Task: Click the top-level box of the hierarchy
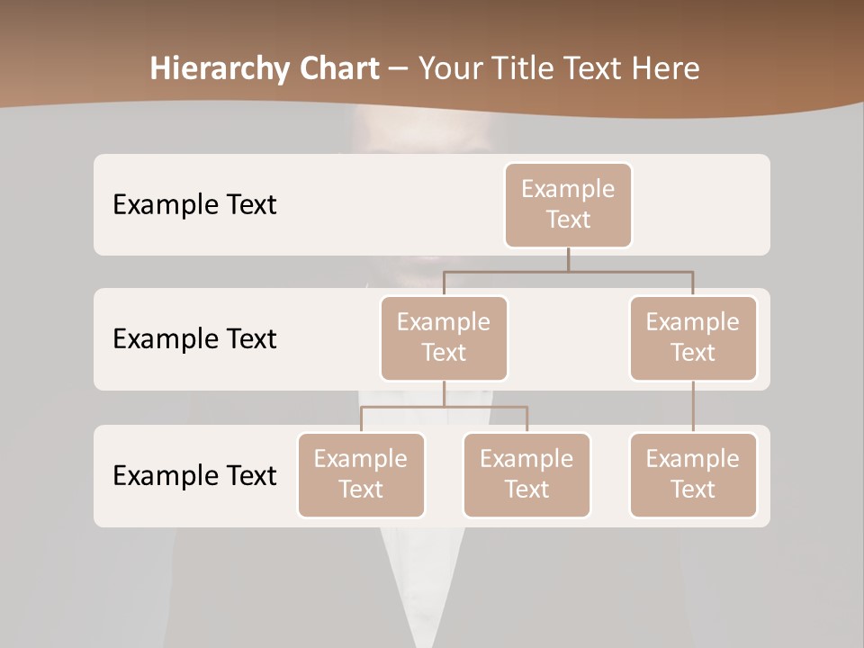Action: (568, 204)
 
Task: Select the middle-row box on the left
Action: (444, 337)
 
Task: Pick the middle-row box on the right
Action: (693, 337)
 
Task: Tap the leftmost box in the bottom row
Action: (361, 474)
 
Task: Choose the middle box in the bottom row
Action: (526, 474)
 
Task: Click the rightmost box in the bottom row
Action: (693, 474)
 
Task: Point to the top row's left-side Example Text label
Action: (194, 204)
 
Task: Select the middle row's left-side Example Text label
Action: (194, 338)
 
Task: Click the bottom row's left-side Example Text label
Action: (194, 475)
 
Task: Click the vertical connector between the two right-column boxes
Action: (693, 407)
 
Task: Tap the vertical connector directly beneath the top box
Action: (568, 259)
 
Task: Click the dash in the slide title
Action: (399, 69)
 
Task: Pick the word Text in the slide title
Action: (589, 68)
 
